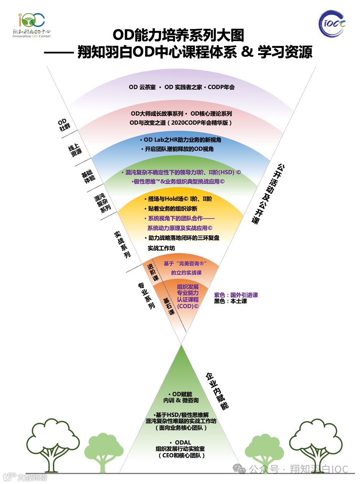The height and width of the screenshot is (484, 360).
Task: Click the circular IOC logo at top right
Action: [x=333, y=24]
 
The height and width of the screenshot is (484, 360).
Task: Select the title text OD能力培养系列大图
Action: [x=178, y=36]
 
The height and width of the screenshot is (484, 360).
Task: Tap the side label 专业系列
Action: [x=146, y=296]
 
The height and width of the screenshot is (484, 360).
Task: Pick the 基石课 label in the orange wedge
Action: [x=169, y=306]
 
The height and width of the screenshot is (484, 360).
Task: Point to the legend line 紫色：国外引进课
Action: [x=236, y=295]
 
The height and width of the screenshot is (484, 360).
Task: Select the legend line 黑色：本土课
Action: [x=231, y=301]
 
